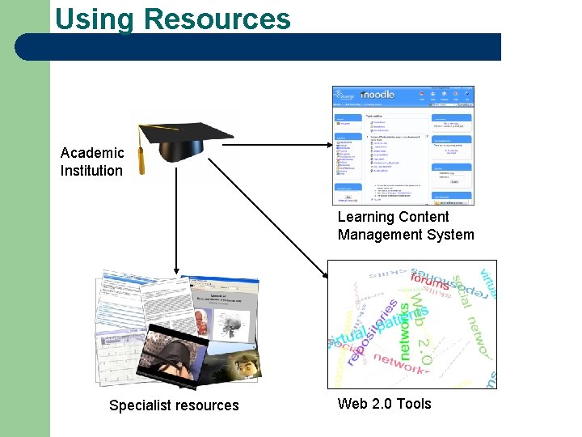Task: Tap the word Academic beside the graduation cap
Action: (x=92, y=153)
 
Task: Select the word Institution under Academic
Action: (x=91, y=171)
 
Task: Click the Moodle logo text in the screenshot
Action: (x=377, y=95)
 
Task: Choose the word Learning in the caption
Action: (x=365, y=217)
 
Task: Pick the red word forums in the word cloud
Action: (x=429, y=283)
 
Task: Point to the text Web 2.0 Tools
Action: (x=385, y=404)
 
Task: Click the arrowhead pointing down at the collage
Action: (x=175, y=269)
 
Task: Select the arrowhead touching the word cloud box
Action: (x=327, y=276)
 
